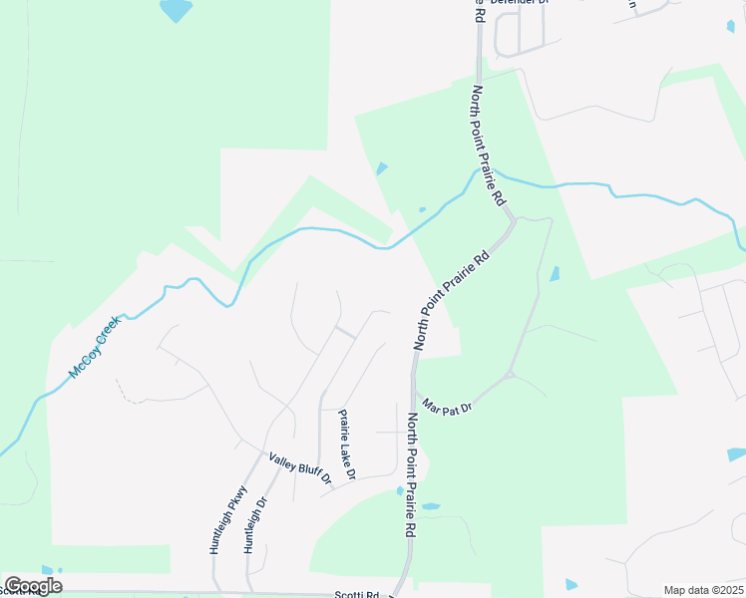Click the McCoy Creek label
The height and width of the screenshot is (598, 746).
[x=95, y=347]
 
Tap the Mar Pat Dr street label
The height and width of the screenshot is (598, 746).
[x=446, y=405]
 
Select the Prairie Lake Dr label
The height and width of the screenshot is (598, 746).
[x=346, y=446]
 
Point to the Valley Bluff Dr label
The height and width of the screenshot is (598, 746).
[x=299, y=470]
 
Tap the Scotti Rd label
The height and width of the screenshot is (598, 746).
[x=357, y=594]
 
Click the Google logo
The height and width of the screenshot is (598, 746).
[x=33, y=586]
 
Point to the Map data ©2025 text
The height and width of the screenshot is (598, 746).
[x=703, y=590]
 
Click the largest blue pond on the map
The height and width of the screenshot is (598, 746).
[x=175, y=9]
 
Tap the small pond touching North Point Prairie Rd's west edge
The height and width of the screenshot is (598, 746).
[x=400, y=490]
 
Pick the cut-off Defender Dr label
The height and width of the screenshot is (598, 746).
[x=518, y=3]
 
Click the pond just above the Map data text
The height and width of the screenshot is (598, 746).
[x=571, y=584]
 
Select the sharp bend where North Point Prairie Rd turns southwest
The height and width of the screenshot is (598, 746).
[x=513, y=220]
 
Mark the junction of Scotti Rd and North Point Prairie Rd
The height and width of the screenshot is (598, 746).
[x=399, y=592]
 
